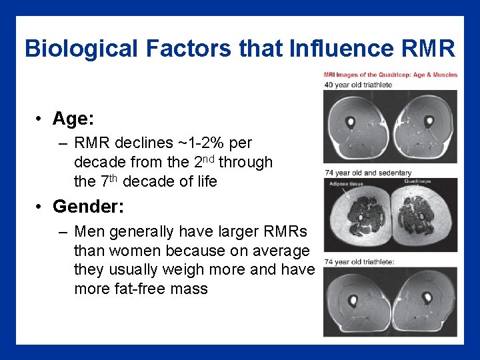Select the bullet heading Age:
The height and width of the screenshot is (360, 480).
[x=73, y=119]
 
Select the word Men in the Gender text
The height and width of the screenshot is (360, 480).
[x=89, y=232]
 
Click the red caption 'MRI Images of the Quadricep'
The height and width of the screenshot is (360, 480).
[x=391, y=75]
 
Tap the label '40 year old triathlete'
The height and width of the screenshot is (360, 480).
[x=358, y=85]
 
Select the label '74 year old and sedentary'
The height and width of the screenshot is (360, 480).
[x=367, y=173]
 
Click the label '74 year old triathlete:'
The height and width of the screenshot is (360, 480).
[x=360, y=262]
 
